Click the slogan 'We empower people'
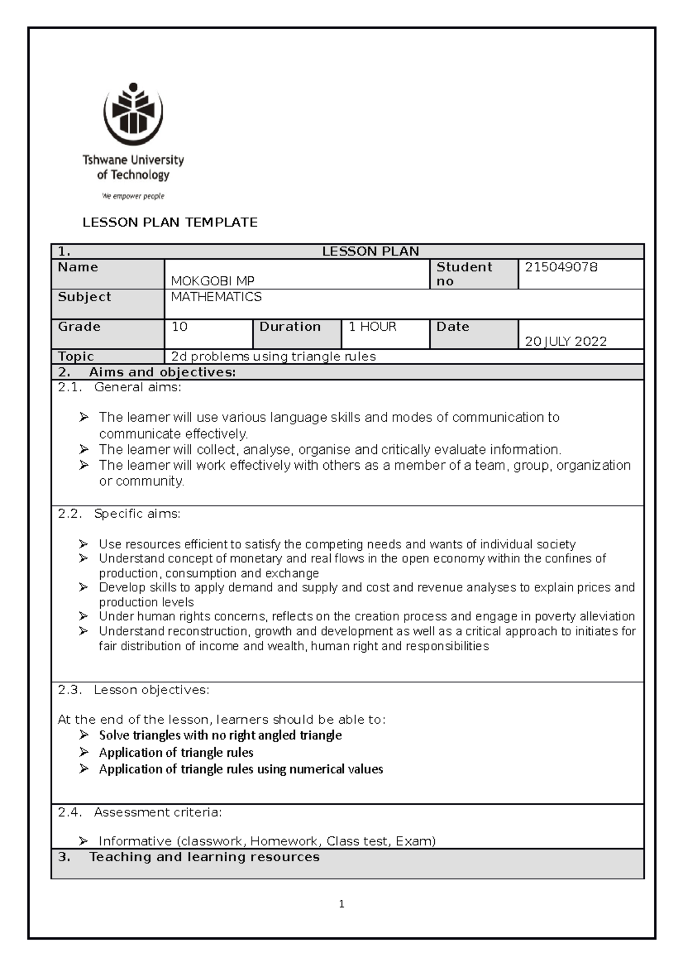[x=133, y=196]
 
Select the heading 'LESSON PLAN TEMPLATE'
[x=170, y=223]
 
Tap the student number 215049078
[x=561, y=267]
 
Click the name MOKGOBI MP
[x=212, y=281]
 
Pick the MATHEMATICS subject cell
[x=216, y=297]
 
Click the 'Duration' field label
[x=290, y=327]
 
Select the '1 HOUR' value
[x=372, y=327]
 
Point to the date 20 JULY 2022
[x=565, y=341]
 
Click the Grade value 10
[x=180, y=327]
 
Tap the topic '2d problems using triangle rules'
[x=273, y=357]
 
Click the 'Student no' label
[x=463, y=274]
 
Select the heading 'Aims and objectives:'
[x=162, y=372]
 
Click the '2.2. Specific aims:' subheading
[x=120, y=514]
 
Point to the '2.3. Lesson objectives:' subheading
[x=134, y=690]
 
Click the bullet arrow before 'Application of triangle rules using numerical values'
[x=84, y=769]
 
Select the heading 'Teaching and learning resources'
[x=204, y=857]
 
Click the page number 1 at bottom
[x=341, y=904]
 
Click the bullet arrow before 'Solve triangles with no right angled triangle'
[x=84, y=735]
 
